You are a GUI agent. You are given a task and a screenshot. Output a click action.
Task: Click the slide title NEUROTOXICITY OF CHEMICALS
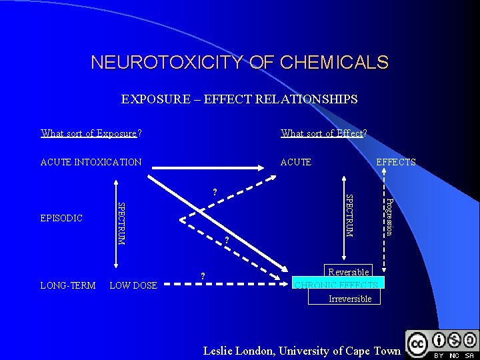(x=239, y=63)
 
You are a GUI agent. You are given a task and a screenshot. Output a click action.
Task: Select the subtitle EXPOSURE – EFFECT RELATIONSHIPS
(x=239, y=99)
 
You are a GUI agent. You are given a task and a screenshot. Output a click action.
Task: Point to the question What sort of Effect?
(x=324, y=133)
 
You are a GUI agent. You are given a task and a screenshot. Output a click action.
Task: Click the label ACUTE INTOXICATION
(x=91, y=162)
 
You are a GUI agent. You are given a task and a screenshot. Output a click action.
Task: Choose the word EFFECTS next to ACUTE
(x=396, y=162)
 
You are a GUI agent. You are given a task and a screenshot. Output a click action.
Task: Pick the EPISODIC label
(x=61, y=218)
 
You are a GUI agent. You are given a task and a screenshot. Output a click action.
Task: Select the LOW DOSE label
(x=133, y=285)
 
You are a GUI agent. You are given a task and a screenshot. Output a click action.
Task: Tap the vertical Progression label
(x=390, y=216)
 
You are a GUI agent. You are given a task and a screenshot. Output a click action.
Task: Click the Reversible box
(x=348, y=272)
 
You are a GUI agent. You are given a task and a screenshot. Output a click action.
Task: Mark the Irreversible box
(x=349, y=299)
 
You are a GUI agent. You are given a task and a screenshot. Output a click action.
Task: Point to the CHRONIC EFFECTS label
(x=337, y=285)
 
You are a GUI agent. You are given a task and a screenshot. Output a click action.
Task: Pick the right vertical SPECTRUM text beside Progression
(x=349, y=215)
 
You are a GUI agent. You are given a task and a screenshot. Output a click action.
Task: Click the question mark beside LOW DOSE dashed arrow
(x=203, y=276)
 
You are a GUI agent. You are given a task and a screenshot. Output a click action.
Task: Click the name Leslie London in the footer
(x=239, y=351)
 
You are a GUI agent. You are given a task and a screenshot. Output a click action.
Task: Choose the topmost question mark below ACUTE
(x=214, y=193)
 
